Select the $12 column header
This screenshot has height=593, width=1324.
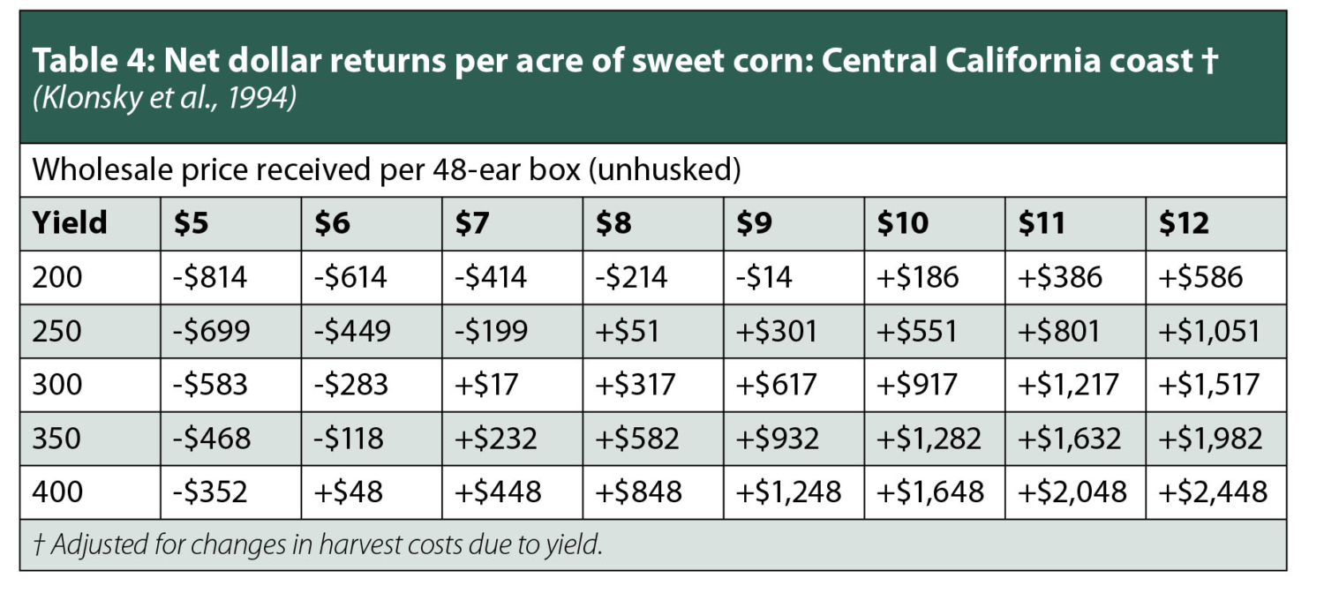[1184, 223]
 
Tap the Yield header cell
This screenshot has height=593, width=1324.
[70, 223]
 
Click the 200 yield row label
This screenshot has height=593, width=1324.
[57, 277]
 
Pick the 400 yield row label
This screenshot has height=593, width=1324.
[57, 492]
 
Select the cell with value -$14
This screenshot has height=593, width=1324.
[764, 277]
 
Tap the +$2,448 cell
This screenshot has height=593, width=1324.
[1214, 492]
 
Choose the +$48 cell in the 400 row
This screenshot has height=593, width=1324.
[349, 492]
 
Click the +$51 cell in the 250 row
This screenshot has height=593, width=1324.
[629, 331]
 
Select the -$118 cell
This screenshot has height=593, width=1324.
[350, 439]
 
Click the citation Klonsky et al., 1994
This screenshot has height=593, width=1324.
[164, 98]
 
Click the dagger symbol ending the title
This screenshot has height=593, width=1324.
[1209, 63]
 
